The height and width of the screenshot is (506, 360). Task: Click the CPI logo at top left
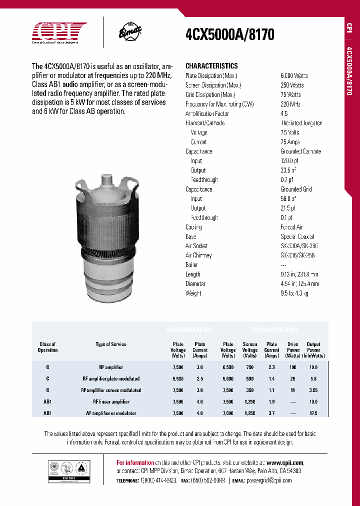pyautogui.click(x=59, y=33)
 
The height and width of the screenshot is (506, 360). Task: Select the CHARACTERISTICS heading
pyautogui.click(x=211, y=66)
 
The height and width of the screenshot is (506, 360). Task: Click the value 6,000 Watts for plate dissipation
pyautogui.click(x=294, y=76)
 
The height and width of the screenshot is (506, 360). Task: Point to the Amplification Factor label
pyautogui.click(x=207, y=113)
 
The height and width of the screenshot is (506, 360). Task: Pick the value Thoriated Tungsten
pyautogui.click(x=301, y=123)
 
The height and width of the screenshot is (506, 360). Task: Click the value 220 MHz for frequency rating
pyautogui.click(x=290, y=104)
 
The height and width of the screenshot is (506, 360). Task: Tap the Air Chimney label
pyautogui.click(x=198, y=255)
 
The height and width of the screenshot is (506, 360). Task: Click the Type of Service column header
pyautogui.click(x=111, y=344)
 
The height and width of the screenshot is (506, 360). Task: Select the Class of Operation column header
pyautogui.click(x=48, y=347)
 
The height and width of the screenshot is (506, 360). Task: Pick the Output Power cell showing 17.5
pyautogui.click(x=313, y=413)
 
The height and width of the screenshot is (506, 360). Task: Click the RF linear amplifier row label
pyautogui.click(x=111, y=402)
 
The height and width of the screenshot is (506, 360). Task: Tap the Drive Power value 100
pyautogui.click(x=293, y=367)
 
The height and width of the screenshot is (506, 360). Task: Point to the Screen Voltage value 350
pyautogui.click(x=250, y=390)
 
